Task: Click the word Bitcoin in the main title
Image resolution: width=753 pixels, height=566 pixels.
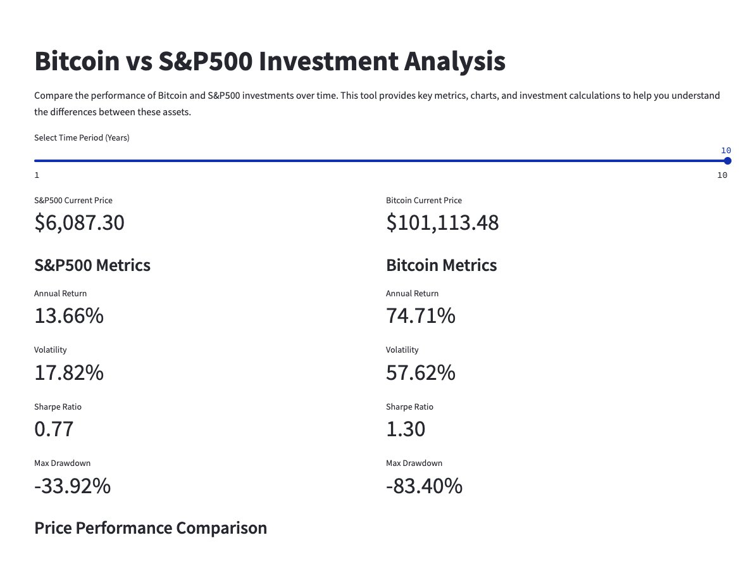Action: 77,61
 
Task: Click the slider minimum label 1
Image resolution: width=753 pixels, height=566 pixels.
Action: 37,175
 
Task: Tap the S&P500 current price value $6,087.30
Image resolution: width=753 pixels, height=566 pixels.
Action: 79,223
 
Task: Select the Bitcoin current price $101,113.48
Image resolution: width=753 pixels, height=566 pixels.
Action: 442,223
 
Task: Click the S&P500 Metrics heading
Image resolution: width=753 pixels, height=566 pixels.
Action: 92,265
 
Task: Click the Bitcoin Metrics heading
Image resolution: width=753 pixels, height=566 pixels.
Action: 441,265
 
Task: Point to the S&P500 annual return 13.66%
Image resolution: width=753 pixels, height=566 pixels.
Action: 69,315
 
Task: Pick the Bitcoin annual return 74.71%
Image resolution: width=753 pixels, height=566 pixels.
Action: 420,315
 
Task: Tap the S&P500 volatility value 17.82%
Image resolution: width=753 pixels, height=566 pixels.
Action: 69,373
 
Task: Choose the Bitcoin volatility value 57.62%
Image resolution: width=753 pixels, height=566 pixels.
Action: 420,373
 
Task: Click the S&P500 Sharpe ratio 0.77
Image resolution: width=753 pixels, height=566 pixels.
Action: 54,429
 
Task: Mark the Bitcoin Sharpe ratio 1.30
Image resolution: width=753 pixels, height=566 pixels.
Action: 406,429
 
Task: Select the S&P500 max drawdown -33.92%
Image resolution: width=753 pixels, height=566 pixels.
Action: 72,486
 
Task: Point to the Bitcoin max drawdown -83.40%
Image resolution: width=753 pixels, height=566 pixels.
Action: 424,486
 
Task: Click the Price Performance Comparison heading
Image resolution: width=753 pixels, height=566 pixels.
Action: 151,528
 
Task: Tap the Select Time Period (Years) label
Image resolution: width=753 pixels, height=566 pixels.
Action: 82,137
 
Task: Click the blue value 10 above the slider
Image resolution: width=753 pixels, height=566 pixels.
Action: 726,151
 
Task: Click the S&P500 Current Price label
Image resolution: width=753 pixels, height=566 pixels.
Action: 73,200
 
